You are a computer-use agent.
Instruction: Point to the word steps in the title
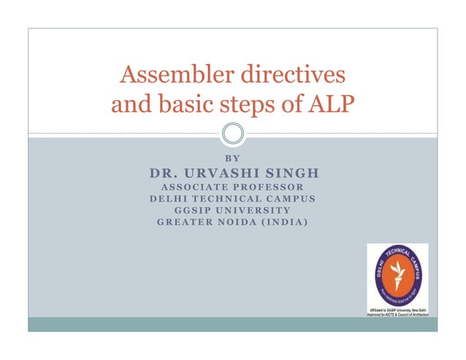248,107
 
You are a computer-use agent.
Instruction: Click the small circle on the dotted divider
232,134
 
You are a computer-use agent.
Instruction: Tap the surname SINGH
292,174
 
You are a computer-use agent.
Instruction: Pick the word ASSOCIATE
191,188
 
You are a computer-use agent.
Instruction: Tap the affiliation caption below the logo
397,312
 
